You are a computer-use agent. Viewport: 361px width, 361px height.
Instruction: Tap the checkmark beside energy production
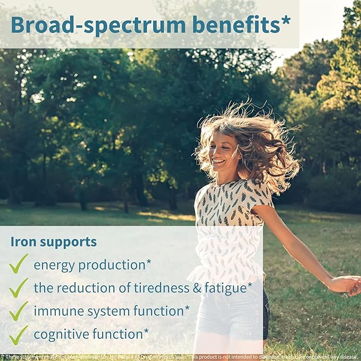[x=18, y=263]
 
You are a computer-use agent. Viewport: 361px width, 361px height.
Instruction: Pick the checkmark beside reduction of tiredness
[x=18, y=288]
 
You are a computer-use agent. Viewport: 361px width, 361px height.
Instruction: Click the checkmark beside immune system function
[x=18, y=312]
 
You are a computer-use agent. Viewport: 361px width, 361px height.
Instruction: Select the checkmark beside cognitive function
[x=18, y=335]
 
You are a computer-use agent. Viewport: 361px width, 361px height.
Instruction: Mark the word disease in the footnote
[x=348, y=357]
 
